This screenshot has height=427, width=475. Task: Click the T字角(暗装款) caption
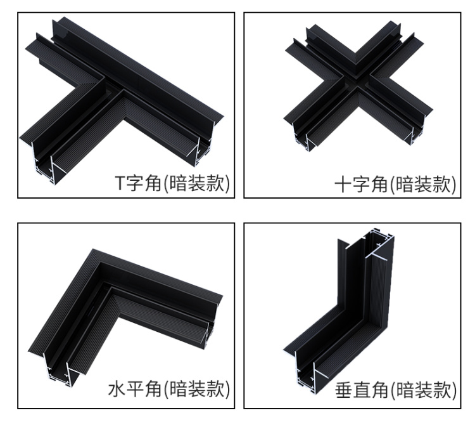coord(172,183)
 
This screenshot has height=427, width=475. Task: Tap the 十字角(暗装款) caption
coord(395,184)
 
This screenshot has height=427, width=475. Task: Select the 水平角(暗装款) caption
coord(169,389)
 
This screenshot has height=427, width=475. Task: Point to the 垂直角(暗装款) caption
coord(396,390)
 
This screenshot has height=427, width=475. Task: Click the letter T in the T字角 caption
coord(120,183)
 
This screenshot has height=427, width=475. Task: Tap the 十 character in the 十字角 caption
coord(343,185)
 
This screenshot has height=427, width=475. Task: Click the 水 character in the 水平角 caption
coord(117,390)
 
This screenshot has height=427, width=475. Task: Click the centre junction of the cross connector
coord(357,81)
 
